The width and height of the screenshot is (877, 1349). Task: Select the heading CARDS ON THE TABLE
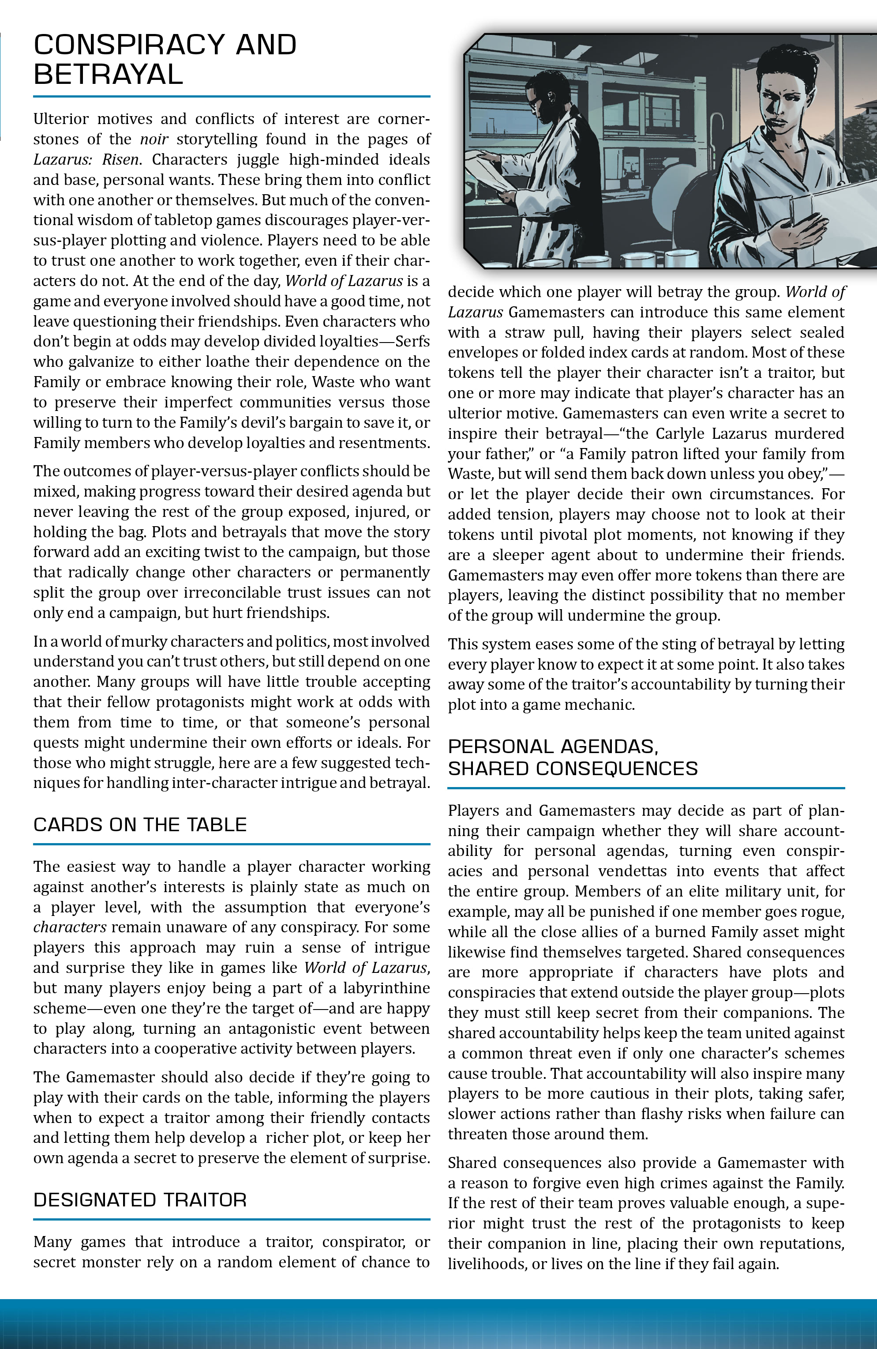coord(140,825)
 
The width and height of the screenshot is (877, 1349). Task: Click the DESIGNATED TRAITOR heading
coord(140,1200)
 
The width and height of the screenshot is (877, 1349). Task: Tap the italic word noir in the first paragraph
coord(154,139)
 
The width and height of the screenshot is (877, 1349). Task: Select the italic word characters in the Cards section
coord(70,927)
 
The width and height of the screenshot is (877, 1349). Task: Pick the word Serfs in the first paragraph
coord(412,342)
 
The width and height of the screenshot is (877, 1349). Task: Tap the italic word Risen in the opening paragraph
coord(120,160)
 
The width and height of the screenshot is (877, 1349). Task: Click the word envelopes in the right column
coord(483,353)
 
